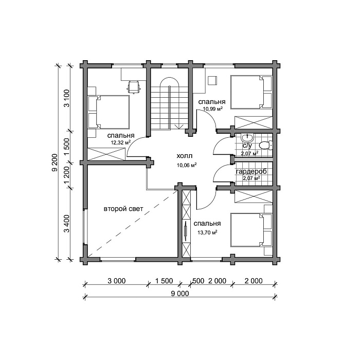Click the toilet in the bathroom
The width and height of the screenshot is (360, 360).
(x=266, y=146)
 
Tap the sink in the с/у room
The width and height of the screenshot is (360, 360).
(x=247, y=138)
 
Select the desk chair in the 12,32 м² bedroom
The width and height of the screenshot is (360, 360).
(x=134, y=87)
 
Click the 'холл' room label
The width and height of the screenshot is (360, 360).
(x=185, y=156)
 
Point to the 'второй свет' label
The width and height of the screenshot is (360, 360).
(x=123, y=209)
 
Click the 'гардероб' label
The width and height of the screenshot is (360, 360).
(x=251, y=171)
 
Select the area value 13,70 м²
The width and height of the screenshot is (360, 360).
(x=208, y=232)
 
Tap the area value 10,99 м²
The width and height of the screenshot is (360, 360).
(x=213, y=109)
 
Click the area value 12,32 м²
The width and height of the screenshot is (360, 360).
(x=121, y=142)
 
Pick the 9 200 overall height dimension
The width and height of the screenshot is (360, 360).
(x=55, y=163)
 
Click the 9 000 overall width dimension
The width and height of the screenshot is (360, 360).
(x=180, y=294)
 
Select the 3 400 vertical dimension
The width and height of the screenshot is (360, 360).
(x=67, y=224)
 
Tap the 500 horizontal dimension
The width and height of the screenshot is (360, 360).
(x=199, y=281)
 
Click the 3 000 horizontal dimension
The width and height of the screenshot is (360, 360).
(x=117, y=281)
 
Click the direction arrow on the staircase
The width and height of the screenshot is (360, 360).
(x=179, y=127)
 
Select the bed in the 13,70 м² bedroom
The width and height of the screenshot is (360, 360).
(x=251, y=230)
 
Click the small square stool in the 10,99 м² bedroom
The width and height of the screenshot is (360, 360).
(x=212, y=81)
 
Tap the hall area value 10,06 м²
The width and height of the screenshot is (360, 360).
(x=187, y=165)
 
